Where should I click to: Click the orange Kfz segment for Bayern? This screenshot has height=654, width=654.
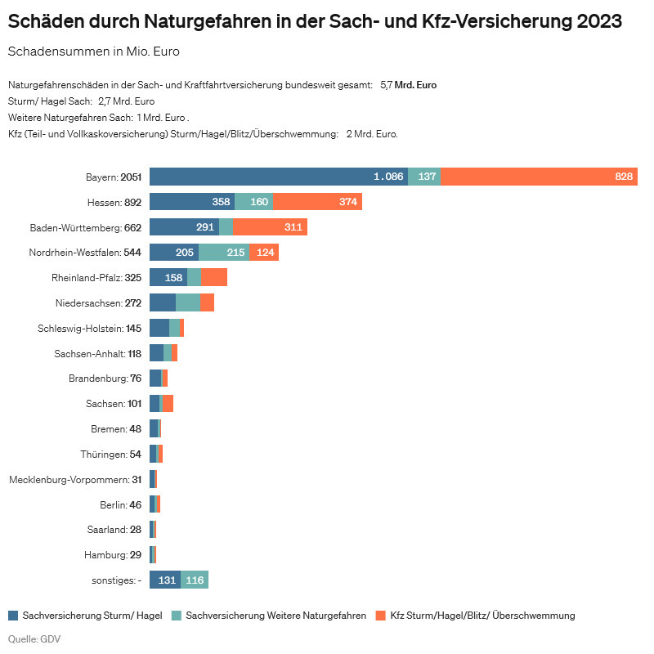pyautogui.click(x=539, y=177)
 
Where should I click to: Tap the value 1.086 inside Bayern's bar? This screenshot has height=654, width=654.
pyautogui.click(x=388, y=177)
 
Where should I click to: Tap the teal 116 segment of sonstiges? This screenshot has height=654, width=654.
pyautogui.click(x=195, y=580)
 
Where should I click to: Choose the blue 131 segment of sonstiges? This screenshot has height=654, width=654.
pyautogui.click(x=165, y=580)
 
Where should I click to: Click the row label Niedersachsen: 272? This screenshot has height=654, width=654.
pyautogui.click(x=99, y=303)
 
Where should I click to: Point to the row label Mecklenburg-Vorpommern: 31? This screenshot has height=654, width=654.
pyautogui.click(x=75, y=479)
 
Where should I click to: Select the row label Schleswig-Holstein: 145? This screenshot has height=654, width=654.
pyautogui.click(x=90, y=329)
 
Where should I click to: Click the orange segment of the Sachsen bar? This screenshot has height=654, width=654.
pyautogui.click(x=168, y=404)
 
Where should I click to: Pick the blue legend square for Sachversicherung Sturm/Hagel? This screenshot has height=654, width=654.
pyautogui.click(x=13, y=616)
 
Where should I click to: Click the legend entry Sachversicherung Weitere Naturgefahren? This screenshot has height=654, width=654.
pyautogui.click(x=276, y=616)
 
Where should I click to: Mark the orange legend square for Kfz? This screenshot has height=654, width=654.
pyautogui.click(x=381, y=616)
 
